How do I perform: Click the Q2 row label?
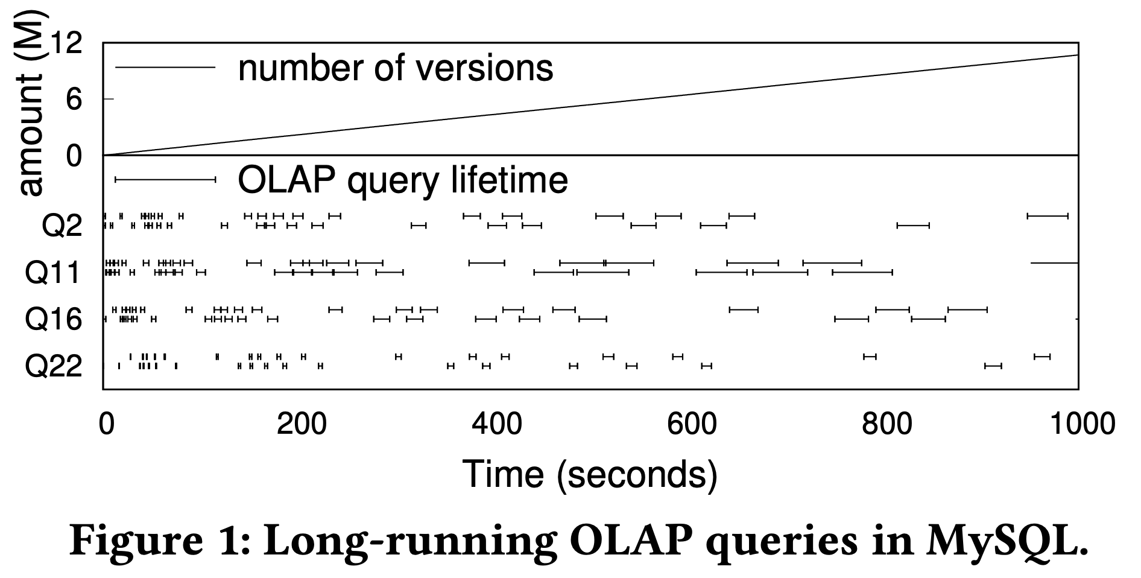click(x=62, y=227)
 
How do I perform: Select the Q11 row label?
click(x=53, y=273)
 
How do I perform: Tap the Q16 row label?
click(x=53, y=319)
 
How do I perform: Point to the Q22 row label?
click(x=53, y=365)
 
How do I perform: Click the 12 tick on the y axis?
click(x=66, y=43)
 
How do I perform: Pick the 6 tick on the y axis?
click(x=74, y=99)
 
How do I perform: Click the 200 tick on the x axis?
click(x=301, y=424)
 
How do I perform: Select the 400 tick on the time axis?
click(x=496, y=424)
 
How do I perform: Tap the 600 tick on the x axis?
click(x=692, y=424)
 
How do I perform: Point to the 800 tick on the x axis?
click(x=887, y=424)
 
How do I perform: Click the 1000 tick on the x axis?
click(x=1083, y=424)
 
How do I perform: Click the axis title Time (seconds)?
click(x=590, y=474)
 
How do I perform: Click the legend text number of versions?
click(x=396, y=68)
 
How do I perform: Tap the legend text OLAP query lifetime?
click(x=403, y=180)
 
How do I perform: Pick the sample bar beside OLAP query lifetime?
click(x=165, y=179)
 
